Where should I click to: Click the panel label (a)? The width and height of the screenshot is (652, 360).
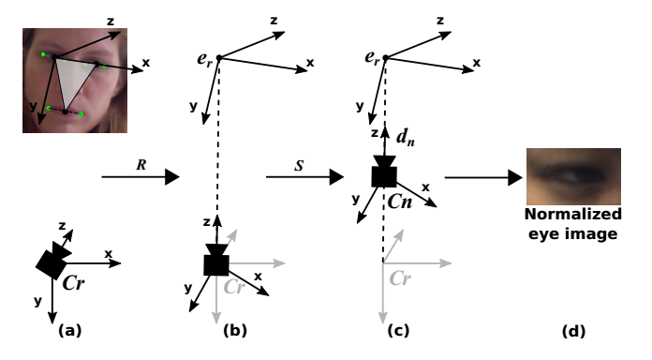(70, 331)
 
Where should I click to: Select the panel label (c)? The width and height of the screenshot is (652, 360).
(397, 331)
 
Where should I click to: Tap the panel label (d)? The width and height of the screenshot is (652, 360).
(574, 331)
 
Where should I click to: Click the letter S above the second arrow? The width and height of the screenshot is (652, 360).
(297, 162)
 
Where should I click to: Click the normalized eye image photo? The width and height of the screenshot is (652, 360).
(573, 176)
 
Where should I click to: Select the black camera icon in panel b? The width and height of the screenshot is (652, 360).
(216, 262)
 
